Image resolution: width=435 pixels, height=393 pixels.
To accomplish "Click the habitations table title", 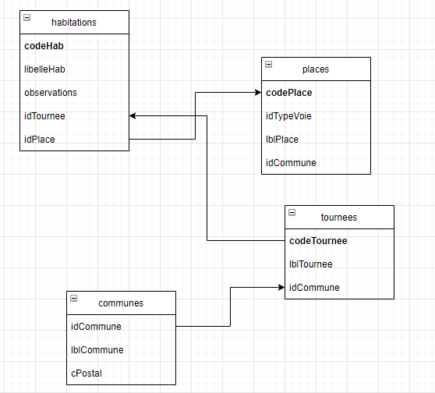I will tap(74, 22).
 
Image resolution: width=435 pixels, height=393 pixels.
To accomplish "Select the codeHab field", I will tap(43, 45).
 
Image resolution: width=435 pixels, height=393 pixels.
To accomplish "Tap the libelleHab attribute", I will tap(46, 69).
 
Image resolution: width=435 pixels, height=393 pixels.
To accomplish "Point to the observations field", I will tap(51, 92).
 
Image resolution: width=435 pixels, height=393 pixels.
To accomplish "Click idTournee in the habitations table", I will tap(44, 116).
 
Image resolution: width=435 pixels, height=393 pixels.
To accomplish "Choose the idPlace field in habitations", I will tap(39, 140).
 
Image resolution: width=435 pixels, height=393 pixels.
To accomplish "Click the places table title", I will tap(315, 69).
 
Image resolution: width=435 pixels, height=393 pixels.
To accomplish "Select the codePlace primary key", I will tap(288, 93).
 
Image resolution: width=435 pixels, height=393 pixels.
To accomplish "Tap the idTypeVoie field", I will tap(288, 116).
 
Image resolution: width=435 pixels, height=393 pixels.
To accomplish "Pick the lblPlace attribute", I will tap(282, 140).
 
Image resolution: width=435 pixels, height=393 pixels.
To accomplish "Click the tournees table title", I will tap(339, 217).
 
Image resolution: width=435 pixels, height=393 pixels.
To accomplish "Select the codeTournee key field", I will tap(317, 240).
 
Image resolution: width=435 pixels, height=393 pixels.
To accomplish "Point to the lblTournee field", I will tap(310, 264).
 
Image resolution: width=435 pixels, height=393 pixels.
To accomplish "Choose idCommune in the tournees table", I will tap(313, 288).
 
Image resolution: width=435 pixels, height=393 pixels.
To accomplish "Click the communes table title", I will tap(121, 303).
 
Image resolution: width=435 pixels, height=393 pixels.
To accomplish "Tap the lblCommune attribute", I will tap(97, 350).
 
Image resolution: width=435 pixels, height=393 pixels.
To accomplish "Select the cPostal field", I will tap(86, 374).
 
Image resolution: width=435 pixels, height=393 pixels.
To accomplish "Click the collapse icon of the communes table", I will tap(73, 298).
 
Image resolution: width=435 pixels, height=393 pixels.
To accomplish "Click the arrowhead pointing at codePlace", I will tap(257, 93).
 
